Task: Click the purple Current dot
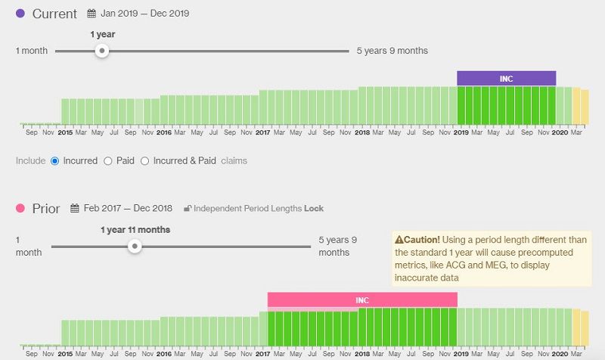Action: pyautogui.click(x=20, y=14)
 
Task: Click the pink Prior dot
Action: pyautogui.click(x=20, y=208)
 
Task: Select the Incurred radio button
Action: pyautogui.click(x=54, y=160)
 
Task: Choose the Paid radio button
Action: pyautogui.click(x=108, y=160)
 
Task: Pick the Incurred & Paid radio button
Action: pyautogui.click(x=145, y=160)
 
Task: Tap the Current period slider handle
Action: pyautogui.click(x=102, y=51)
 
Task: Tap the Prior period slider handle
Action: pyautogui.click(x=135, y=247)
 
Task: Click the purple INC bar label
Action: pyautogui.click(x=506, y=79)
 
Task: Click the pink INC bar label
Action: pyautogui.click(x=362, y=300)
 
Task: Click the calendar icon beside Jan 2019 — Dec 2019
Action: pyautogui.click(x=92, y=14)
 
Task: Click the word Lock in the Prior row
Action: pyautogui.click(x=314, y=209)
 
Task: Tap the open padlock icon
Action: pyautogui.click(x=188, y=209)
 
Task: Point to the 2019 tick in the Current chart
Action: pyautogui.click(x=461, y=132)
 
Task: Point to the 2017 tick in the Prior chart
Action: pyautogui.click(x=263, y=353)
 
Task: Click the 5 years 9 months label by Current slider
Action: pyautogui.click(x=392, y=51)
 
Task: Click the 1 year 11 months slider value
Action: pyautogui.click(x=135, y=230)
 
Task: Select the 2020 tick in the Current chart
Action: pyautogui.click(x=560, y=132)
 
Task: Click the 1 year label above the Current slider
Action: pyautogui.click(x=102, y=34)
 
